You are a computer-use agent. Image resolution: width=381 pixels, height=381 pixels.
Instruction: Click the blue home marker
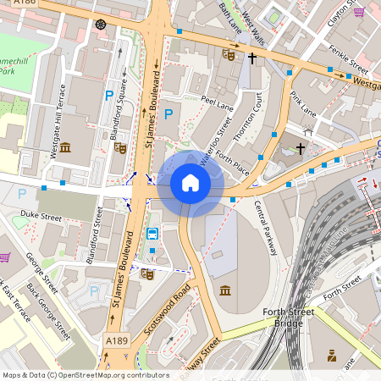tap(190, 183)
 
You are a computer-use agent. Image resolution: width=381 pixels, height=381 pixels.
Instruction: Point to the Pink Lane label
tap(302, 101)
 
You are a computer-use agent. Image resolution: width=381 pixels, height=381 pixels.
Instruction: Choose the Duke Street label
tap(41, 218)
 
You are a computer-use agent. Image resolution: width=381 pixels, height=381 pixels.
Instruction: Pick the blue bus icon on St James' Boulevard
tap(152, 234)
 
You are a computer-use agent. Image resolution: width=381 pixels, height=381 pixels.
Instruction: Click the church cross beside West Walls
tap(251, 58)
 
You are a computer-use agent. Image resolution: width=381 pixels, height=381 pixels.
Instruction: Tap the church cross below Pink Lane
tap(301, 149)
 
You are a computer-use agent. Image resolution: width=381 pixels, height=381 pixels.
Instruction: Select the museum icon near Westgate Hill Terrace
tap(65, 149)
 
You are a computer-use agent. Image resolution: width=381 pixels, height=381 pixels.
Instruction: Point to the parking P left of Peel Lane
tap(168, 113)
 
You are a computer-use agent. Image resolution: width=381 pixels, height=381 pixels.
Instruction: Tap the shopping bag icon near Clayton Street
tap(359, 12)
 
